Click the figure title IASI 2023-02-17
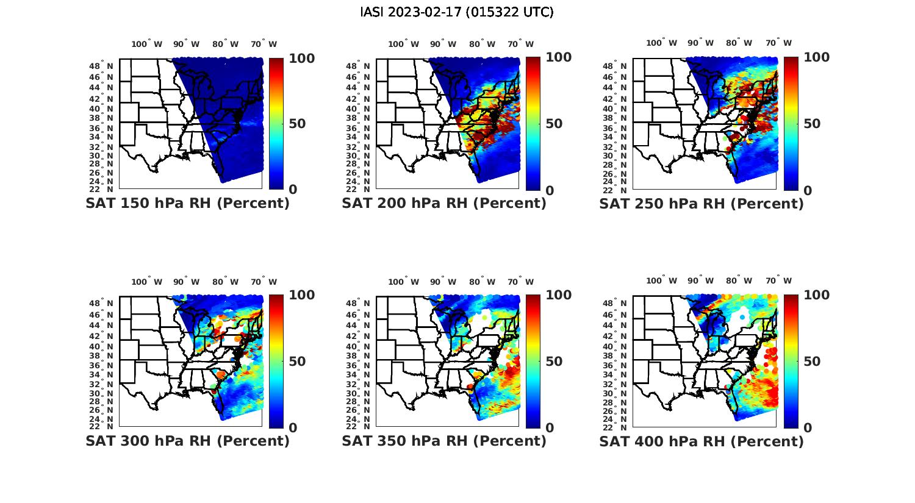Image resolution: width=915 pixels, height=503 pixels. (457, 12)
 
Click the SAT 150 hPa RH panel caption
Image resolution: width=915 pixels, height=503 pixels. (187, 204)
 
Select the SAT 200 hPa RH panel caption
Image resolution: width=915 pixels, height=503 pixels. (444, 204)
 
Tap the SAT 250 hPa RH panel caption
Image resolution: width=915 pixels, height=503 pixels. (701, 204)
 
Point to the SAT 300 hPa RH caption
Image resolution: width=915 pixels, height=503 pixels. (187, 441)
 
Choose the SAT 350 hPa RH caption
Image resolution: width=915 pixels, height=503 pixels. (444, 441)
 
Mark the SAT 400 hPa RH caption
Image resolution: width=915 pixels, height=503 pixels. (701, 441)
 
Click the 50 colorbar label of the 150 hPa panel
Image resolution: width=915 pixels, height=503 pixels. (297, 124)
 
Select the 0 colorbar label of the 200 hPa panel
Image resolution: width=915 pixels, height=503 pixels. (550, 190)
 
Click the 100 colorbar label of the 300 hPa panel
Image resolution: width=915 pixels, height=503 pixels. (301, 295)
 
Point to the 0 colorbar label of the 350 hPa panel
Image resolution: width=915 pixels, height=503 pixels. (550, 428)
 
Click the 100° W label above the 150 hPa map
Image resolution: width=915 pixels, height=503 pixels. (147, 44)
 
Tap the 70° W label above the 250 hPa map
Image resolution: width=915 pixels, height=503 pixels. (778, 43)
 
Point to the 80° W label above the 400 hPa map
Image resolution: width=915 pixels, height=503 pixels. (739, 280)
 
